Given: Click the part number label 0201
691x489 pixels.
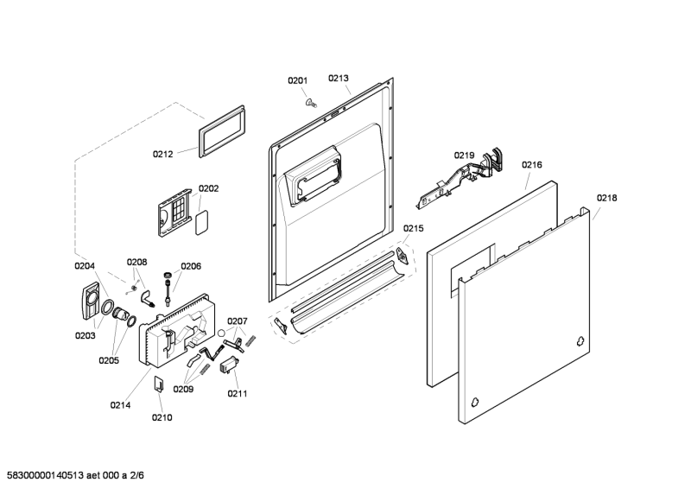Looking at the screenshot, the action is click(x=297, y=80).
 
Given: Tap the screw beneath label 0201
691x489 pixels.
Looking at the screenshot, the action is click(x=311, y=103).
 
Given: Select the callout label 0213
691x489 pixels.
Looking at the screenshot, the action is click(x=338, y=78).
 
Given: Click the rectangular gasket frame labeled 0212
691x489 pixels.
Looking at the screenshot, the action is click(x=222, y=131).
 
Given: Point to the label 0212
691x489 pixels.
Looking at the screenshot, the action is click(x=162, y=154).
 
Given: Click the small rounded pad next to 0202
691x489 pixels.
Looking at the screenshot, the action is click(x=201, y=223).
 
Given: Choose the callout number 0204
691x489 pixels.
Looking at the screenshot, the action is click(x=84, y=266).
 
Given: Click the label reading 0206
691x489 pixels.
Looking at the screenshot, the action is click(x=191, y=266).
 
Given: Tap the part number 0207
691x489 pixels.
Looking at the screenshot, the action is click(x=237, y=321).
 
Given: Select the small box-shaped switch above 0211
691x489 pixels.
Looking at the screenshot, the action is click(x=229, y=365).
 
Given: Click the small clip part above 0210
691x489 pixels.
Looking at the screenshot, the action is click(x=159, y=384).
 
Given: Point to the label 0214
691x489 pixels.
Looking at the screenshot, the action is click(x=120, y=405).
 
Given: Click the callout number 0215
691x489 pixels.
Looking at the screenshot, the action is click(x=414, y=228).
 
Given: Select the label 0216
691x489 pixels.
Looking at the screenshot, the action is click(x=531, y=164).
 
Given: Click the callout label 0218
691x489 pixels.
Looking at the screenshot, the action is click(x=607, y=198).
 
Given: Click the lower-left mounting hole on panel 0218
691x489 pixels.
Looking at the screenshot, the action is click(x=474, y=402).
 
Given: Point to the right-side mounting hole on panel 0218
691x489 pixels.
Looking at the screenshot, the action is click(x=580, y=341).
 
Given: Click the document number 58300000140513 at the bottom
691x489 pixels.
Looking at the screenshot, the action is click(x=46, y=475).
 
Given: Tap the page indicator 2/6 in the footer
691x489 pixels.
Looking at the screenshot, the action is click(x=137, y=475).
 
